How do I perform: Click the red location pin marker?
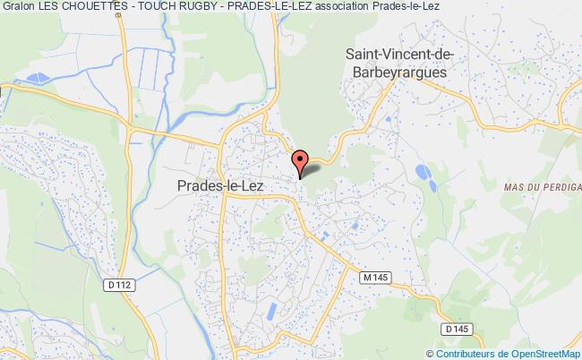[x=301, y=161]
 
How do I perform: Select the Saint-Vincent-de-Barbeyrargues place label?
[x=400, y=64]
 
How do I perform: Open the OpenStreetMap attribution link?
[x=540, y=352]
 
